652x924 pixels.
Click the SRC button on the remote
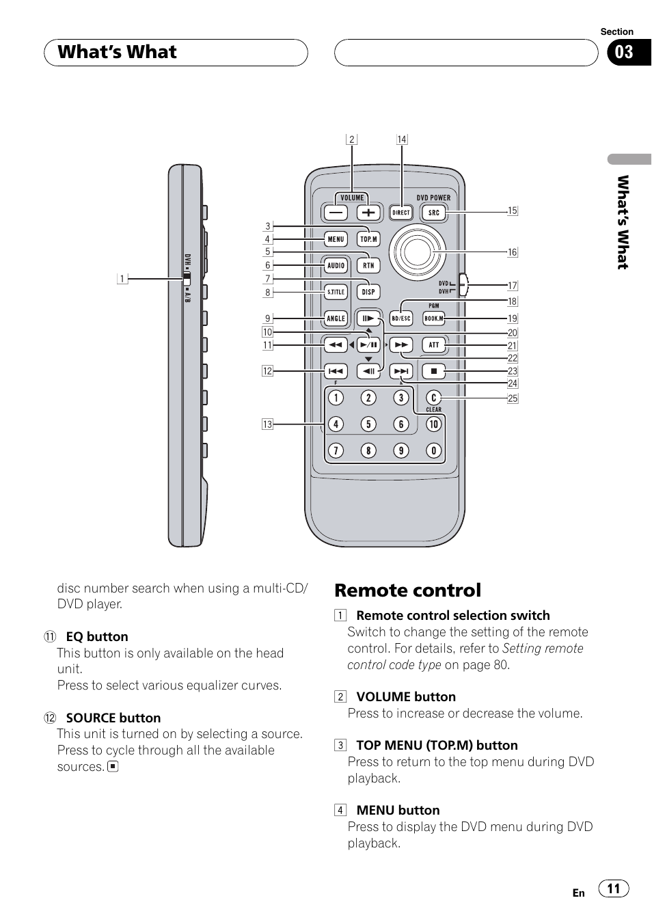pos(434,213)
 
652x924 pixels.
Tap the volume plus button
pos(369,213)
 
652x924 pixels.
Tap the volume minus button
pos(336,213)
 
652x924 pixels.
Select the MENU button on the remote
pos(336,239)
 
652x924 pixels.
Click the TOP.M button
pos(369,239)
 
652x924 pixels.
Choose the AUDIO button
pos(336,266)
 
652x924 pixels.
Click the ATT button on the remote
pos(434,345)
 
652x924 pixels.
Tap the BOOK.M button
pos(434,318)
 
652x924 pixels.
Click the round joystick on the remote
pos(417,252)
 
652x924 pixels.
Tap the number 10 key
pos(433,424)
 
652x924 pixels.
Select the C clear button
pos(433,398)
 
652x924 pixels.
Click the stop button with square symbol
pos(434,372)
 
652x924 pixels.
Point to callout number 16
pos(513,252)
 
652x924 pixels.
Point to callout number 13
pos(268,424)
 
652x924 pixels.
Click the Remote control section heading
pos(408,590)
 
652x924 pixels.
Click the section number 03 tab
pos(625,53)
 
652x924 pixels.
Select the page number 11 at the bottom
pos(614,888)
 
